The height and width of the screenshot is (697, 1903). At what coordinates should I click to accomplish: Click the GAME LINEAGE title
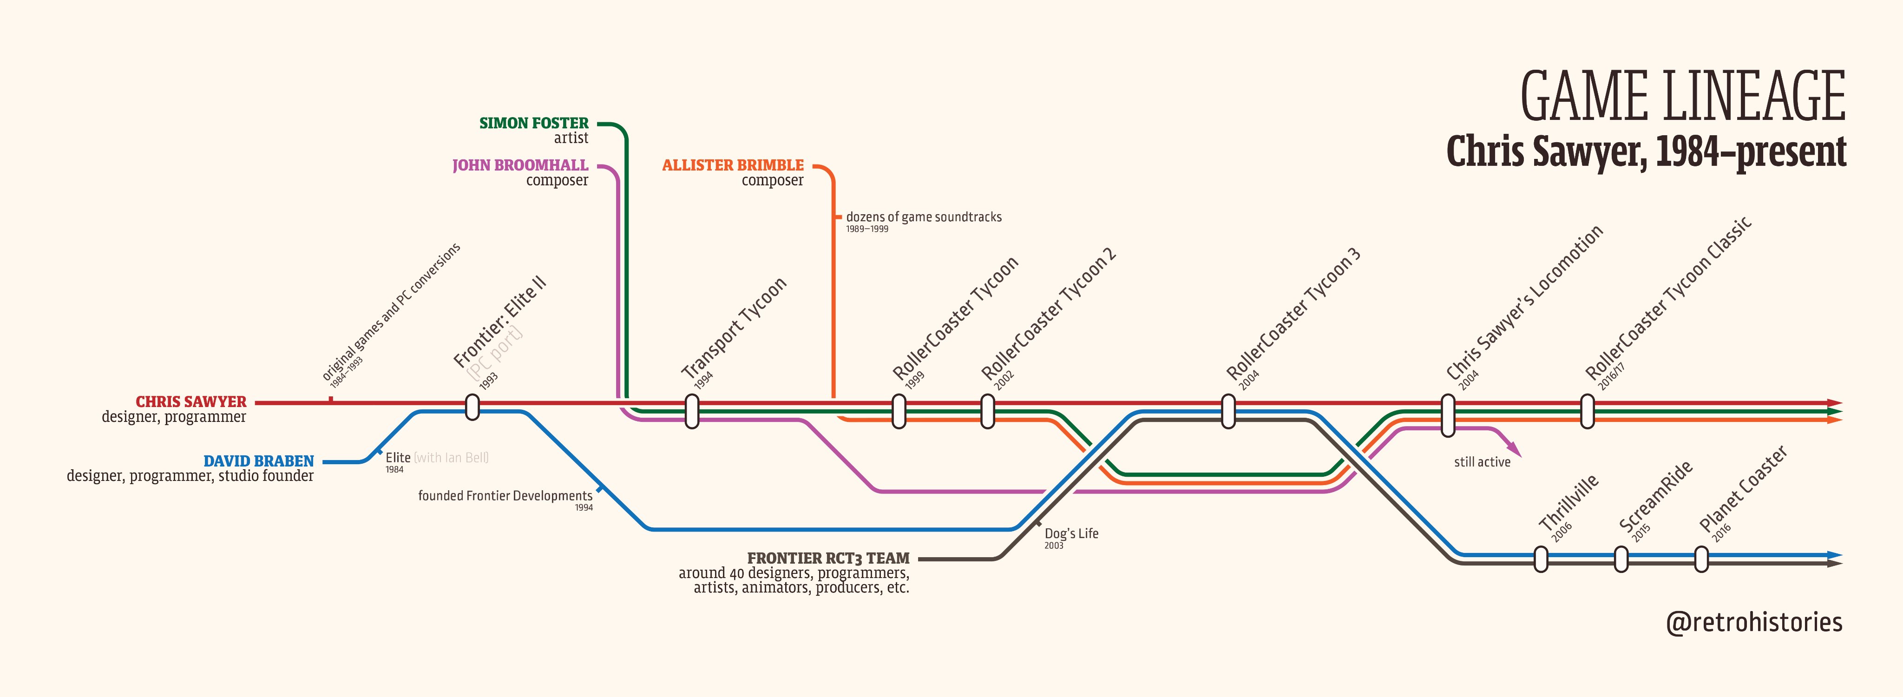(1682, 96)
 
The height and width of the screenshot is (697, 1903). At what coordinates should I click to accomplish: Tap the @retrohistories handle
(1754, 622)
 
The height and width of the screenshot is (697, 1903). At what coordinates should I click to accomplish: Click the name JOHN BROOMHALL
(520, 165)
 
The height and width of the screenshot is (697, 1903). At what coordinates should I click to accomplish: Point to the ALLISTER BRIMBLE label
(732, 165)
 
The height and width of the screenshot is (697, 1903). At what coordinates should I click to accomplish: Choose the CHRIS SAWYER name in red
(190, 402)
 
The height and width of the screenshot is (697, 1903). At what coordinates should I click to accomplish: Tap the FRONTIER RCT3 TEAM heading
(828, 558)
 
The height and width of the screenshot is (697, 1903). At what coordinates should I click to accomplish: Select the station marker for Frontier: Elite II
(472, 407)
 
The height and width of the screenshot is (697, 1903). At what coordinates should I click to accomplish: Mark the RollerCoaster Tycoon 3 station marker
(1228, 411)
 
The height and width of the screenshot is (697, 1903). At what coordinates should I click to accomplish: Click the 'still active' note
(1482, 462)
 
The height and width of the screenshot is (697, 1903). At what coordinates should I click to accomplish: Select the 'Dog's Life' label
(1071, 533)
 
